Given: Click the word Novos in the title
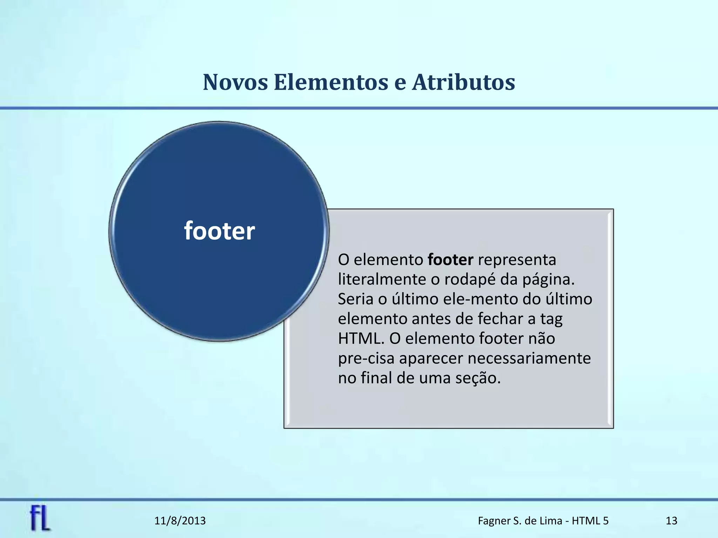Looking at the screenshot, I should pos(235,82).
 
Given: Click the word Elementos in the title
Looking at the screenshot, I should pos(331,82).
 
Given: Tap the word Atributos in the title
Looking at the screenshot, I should pos(463,82).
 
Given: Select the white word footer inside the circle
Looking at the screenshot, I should pos(219,231).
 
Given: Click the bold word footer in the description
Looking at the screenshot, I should pos(451,260).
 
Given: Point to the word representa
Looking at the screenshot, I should pos(517,260).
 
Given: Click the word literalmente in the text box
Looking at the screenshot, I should pos(382,280).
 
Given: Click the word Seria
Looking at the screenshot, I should pos(355,299).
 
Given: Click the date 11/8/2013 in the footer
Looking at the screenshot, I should pos(180,521).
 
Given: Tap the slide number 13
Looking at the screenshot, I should pos(671,521).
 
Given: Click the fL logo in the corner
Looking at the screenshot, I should pos(40,518).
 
